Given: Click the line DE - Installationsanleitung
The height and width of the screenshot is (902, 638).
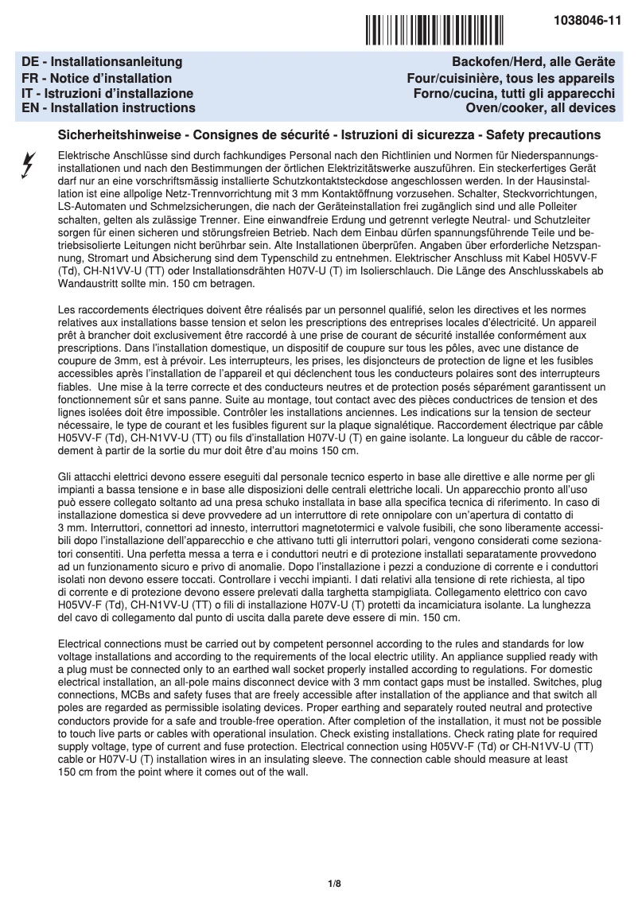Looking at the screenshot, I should pos(103,62).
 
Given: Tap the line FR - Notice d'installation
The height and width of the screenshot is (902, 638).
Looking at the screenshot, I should pos(97,78).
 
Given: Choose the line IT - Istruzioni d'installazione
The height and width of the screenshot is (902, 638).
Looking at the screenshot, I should pos(108,93).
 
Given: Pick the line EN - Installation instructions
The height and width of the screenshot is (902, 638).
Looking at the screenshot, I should pos(109,108).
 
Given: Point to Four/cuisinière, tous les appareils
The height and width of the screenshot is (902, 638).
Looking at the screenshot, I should pos(510,78).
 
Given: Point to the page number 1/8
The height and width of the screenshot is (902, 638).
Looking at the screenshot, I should pos(334,884).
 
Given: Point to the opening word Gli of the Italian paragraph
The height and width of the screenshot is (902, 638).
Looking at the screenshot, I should pos(68,476).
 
